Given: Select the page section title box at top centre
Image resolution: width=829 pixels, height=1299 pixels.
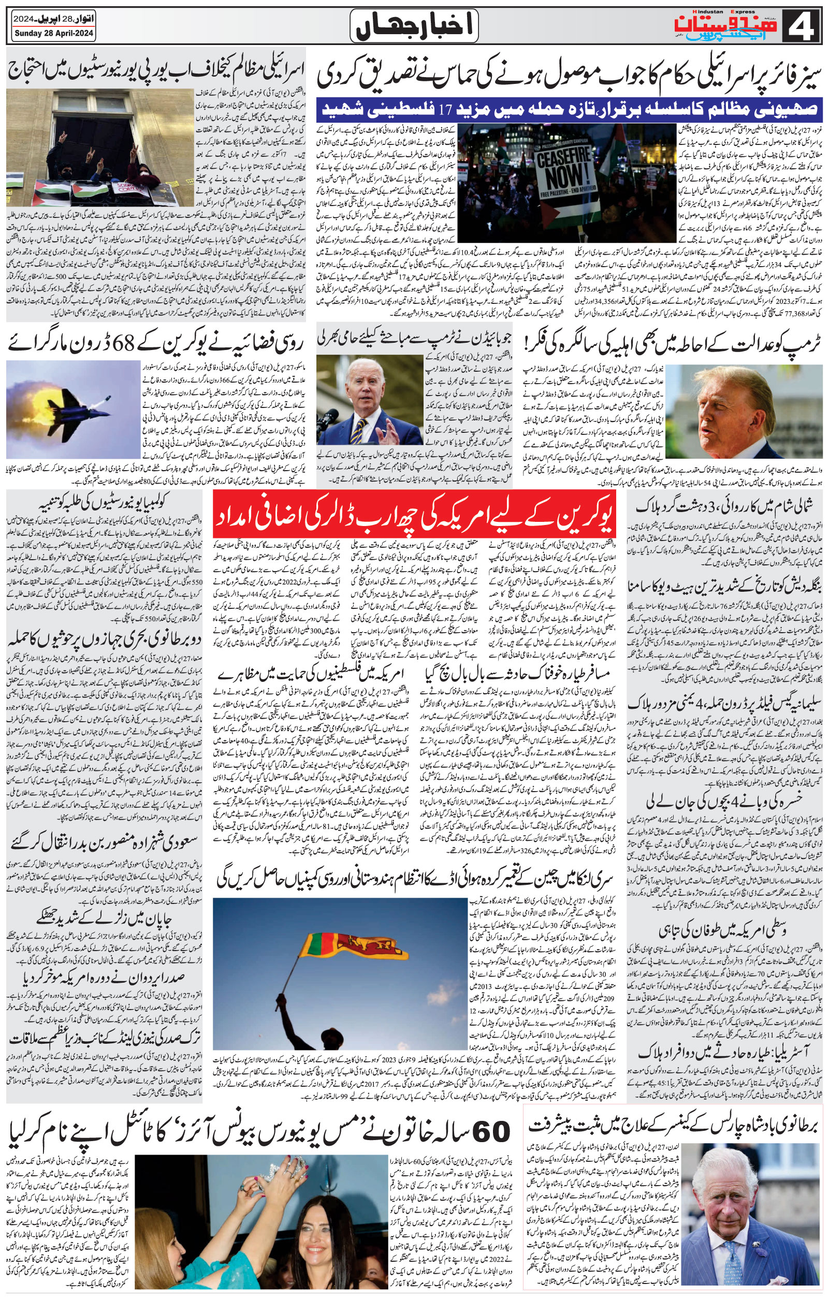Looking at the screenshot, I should (x=414, y=26).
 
